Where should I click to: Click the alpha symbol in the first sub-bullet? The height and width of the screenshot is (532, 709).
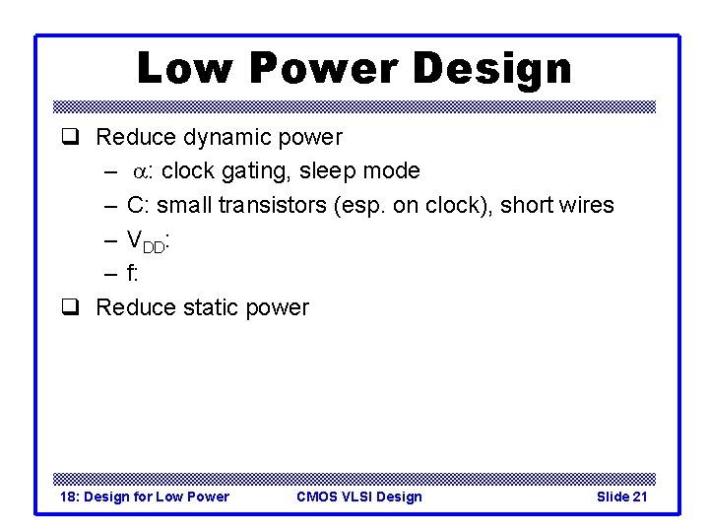[x=143, y=171]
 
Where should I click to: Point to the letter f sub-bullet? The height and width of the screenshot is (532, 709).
[x=132, y=273]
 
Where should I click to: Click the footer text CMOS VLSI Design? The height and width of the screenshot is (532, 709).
[x=358, y=497]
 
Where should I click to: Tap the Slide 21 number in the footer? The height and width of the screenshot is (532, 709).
[x=621, y=497]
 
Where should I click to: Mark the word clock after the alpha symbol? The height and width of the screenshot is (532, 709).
[x=188, y=171]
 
